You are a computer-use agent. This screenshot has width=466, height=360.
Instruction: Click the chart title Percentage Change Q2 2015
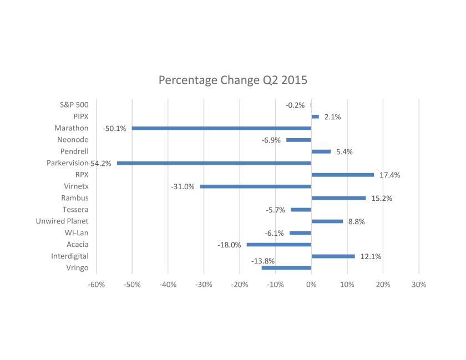point(232,80)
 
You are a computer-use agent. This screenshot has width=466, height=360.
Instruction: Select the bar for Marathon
point(221,128)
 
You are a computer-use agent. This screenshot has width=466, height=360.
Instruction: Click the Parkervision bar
point(214,163)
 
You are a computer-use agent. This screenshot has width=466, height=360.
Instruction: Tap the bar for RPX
point(342,175)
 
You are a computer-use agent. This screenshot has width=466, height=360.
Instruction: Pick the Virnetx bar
point(256,186)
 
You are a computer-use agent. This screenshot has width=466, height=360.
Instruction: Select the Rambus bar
point(338,198)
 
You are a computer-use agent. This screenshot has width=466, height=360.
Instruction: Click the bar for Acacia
point(279,245)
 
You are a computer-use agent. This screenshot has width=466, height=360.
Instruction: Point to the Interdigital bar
point(333,256)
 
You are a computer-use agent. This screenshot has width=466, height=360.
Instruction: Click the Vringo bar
point(286,268)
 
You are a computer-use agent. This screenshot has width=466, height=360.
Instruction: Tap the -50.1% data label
point(114,129)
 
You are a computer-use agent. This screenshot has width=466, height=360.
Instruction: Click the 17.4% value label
point(389,175)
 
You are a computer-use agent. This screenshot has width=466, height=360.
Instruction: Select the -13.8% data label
point(263,261)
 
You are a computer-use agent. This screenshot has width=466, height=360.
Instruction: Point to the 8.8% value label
point(356,222)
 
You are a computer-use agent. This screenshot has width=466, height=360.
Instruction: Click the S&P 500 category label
point(74,105)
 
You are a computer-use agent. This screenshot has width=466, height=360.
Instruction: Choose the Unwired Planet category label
point(62,221)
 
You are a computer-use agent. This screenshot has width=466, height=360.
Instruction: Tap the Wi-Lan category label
point(77,233)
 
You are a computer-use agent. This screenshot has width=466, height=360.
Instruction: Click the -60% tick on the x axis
point(96,284)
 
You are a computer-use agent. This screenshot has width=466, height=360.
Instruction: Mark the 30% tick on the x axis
point(419,284)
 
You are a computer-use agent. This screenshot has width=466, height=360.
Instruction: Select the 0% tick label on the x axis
point(311,284)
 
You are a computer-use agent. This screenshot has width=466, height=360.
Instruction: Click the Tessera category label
point(75,210)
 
